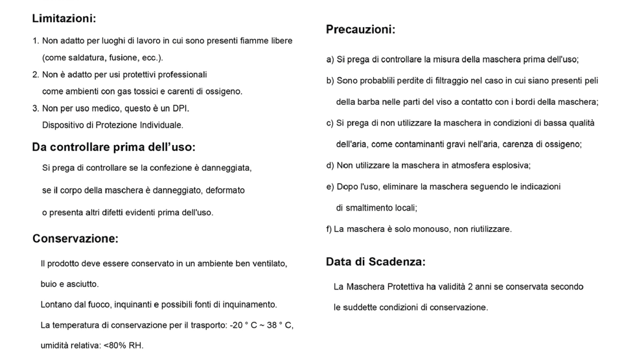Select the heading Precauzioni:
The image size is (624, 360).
(x=360, y=30)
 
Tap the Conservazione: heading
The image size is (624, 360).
(x=75, y=239)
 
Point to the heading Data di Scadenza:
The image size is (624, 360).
(x=375, y=262)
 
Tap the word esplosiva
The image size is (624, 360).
(x=508, y=165)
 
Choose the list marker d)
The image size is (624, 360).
(x=330, y=165)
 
